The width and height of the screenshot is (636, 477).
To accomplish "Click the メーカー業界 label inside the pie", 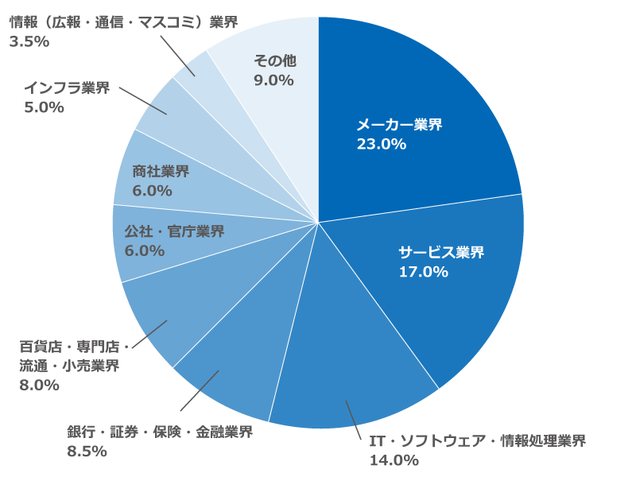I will tap(398, 125).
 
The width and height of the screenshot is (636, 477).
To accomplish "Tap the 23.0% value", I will tap(381, 144).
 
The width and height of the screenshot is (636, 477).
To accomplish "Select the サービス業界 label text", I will tap(440, 253).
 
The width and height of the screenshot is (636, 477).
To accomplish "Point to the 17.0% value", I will tap(423, 272).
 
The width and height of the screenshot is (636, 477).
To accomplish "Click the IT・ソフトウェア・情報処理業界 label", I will tap(477, 440).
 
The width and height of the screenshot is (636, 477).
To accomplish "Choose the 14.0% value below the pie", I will tap(394, 460).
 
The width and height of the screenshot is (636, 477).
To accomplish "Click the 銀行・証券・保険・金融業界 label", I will tap(160, 432).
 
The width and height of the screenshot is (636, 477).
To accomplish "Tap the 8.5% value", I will tap(87, 451).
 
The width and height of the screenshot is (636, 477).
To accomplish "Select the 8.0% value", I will tap(39, 385).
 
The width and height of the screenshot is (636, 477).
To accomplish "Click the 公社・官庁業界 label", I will tap(174, 231).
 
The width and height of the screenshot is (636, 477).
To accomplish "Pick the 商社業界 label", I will tap(161, 171).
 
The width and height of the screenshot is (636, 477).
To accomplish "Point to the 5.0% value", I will tap(44, 107).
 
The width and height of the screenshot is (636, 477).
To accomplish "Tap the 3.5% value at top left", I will tap(29, 41).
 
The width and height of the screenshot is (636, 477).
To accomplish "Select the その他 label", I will tap(273, 60).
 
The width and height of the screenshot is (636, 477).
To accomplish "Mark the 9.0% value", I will tap(273, 79).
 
